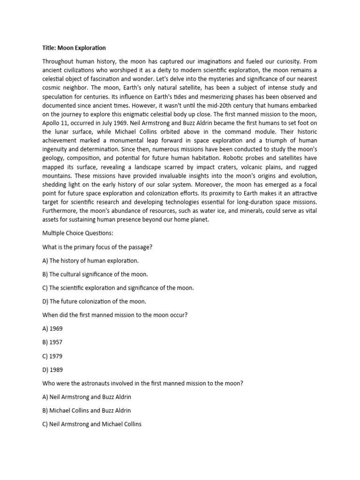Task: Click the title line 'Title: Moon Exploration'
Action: [x=74, y=48]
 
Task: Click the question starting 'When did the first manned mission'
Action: [x=115, y=315]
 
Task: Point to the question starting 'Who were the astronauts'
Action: [x=142, y=383]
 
